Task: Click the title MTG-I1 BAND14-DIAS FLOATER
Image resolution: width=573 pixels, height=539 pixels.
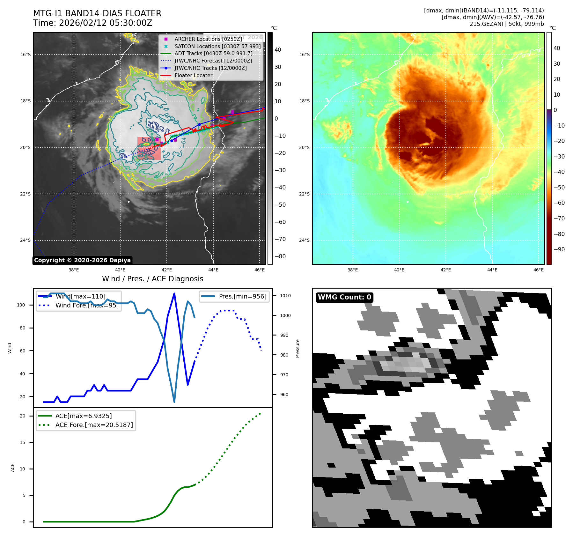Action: point(97,13)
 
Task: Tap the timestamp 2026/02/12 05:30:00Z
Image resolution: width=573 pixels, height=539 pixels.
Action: point(106,23)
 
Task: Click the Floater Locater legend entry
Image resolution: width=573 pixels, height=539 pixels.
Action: point(193,76)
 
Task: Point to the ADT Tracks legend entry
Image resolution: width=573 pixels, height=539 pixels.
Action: point(213,54)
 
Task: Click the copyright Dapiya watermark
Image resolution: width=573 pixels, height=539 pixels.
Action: point(82,260)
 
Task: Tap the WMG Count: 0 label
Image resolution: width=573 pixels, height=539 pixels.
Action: point(344,297)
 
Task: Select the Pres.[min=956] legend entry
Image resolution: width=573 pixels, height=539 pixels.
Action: point(242,296)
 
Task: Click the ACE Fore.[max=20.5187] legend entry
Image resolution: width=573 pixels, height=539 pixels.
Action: point(94,425)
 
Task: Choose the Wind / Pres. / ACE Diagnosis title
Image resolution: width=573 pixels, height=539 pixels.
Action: point(152,279)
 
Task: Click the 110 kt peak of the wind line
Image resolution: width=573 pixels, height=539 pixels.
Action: point(174,293)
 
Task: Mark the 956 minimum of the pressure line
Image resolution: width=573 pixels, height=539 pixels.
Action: point(174,402)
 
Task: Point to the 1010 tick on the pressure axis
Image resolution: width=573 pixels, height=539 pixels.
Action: point(285,296)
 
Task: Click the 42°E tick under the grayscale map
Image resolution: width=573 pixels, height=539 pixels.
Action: point(167,270)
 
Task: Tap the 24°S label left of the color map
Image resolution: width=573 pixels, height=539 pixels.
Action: point(304,240)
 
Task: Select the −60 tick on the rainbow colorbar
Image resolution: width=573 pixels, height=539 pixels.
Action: point(559,203)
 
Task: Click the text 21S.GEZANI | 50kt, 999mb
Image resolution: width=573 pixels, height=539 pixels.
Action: point(507,24)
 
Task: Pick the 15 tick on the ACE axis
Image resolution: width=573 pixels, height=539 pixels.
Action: point(22,442)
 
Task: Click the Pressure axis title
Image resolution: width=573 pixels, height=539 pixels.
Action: point(298,348)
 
